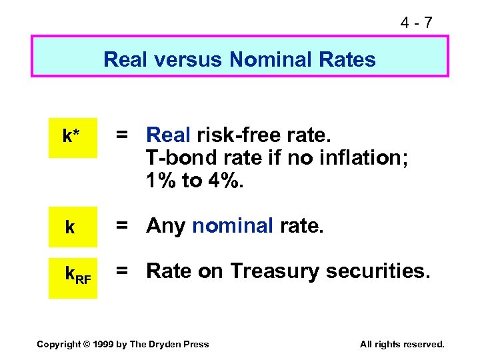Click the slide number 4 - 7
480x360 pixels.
pos(416,23)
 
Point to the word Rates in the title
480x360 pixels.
pos(347,60)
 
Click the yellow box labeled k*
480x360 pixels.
pos(72,137)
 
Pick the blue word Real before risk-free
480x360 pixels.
pos(169,135)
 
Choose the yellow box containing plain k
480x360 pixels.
pos(72,227)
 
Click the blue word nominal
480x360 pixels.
pos(233,227)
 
